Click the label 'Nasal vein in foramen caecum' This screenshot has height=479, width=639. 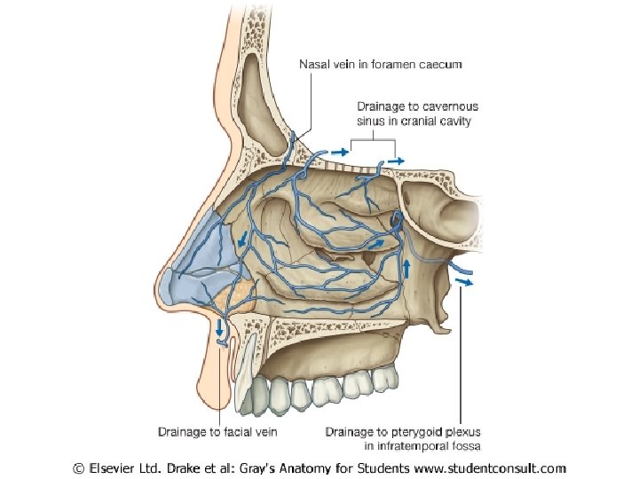pos(380,65)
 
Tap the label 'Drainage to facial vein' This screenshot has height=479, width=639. pos(218,432)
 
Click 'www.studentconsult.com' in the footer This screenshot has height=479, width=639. pos(485,467)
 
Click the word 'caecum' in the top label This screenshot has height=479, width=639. pos(440,65)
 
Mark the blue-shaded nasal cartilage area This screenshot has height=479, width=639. pos(200,253)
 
